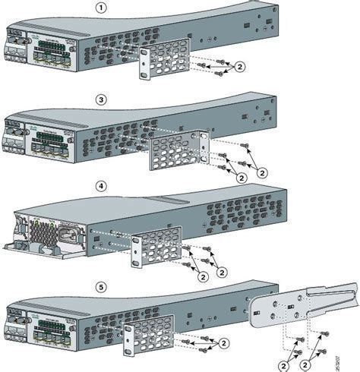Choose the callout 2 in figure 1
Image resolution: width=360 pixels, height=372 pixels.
pos(241,66)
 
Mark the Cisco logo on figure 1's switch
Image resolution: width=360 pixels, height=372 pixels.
pos(19,35)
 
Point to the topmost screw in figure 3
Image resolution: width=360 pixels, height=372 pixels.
pos(244,145)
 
